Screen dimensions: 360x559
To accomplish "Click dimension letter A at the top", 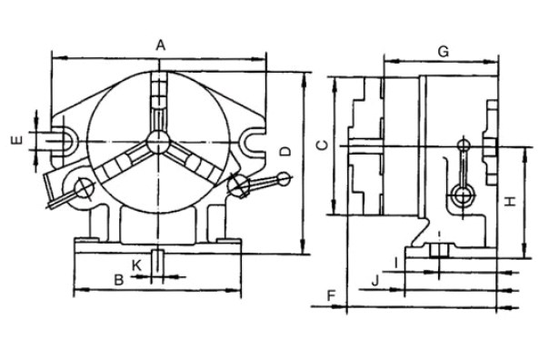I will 160,44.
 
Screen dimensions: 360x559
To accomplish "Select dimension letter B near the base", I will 119,279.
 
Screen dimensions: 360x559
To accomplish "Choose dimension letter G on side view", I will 443,51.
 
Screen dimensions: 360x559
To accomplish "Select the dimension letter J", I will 374,279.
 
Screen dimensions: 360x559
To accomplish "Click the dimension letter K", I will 136,264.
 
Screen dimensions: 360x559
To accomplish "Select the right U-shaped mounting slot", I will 253,141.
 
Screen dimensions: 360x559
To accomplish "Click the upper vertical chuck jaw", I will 159,100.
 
